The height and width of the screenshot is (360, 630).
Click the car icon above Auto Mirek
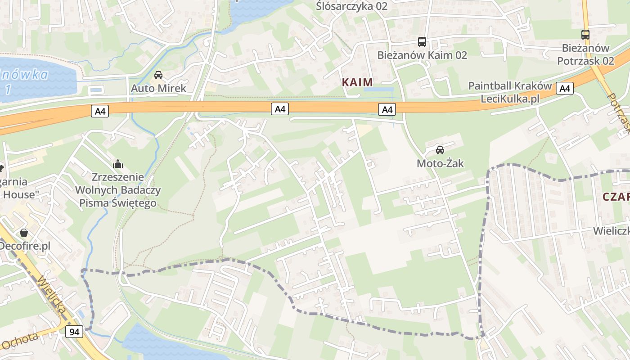point(158,75)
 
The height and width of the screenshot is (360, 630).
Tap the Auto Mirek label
point(158,88)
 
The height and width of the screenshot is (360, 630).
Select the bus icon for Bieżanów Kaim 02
point(422,42)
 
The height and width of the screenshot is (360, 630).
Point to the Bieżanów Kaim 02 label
point(422,55)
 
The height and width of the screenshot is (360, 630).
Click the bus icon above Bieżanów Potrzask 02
point(585,34)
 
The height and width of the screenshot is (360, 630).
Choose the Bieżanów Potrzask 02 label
point(585,54)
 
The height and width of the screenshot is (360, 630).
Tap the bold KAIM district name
point(357,82)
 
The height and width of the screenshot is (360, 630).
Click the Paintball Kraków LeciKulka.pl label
point(510,92)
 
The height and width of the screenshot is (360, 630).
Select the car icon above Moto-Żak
point(440,150)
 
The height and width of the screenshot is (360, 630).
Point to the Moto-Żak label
point(440,163)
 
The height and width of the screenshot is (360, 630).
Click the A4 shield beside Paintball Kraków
point(564,88)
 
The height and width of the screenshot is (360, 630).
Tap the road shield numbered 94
point(74,332)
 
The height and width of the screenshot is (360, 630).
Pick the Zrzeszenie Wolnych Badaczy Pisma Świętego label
point(118,190)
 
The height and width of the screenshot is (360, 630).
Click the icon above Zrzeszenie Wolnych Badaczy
point(118,163)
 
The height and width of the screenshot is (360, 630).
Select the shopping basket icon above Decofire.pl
point(23,233)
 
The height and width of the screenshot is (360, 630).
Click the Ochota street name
point(20,341)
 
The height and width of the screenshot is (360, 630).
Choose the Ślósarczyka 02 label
point(351,6)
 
